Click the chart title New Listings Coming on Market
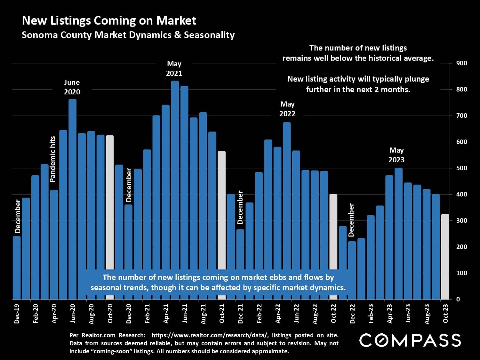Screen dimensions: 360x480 [x=109, y=20]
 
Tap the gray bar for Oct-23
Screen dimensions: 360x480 [x=445, y=256]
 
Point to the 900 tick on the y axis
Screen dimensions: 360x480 [x=462, y=63]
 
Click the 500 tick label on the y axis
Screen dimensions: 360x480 [x=462, y=168]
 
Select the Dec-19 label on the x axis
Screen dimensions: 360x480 [x=17, y=314]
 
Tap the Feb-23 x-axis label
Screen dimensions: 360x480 [x=371, y=314]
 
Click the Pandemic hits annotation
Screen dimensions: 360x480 [x=53, y=159]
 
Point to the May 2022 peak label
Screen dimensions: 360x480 [x=287, y=109]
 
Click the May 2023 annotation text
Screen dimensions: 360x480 [x=396, y=155]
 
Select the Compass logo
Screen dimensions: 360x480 [x=410, y=340]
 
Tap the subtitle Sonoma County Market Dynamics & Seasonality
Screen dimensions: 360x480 [x=128, y=35]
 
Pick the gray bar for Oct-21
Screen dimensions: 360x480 [x=221, y=208]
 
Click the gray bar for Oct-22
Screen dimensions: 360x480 [x=333, y=230]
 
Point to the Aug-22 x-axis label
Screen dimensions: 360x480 [x=315, y=314]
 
